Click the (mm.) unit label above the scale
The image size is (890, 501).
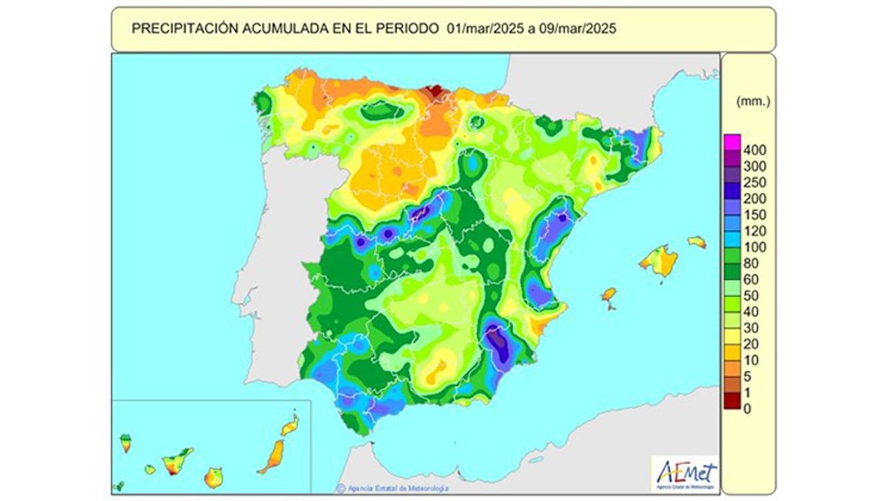(x=753, y=101)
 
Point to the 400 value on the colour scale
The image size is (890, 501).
(x=754, y=150)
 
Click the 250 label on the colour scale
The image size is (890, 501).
(x=754, y=182)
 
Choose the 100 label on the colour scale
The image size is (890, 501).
(x=754, y=247)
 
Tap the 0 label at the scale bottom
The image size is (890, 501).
(x=747, y=409)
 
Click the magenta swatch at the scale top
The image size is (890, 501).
(x=732, y=142)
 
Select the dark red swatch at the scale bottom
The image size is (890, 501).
(x=732, y=401)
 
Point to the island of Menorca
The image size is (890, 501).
(x=697, y=242)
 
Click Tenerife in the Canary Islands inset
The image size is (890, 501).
(x=177, y=461)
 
